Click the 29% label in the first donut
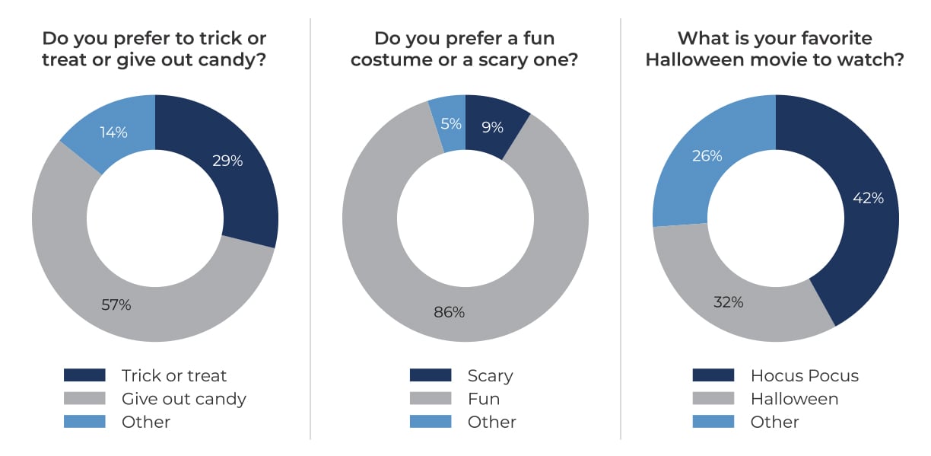[227, 161]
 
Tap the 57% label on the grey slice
[116, 305]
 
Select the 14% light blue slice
[113, 132]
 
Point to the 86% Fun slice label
[449, 311]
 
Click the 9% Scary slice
[492, 127]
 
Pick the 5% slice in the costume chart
[451, 124]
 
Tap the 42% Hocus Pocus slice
[868, 198]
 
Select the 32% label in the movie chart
[728, 301]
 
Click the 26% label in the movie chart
[707, 156]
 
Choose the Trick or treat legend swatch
[84, 375]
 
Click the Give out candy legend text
[183, 398]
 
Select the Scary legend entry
[490, 375]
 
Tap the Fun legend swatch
[430, 398]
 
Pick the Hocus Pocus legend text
[804, 375]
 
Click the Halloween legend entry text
[794, 398]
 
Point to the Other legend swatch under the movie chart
[713, 422]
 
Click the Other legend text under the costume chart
[492, 422]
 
